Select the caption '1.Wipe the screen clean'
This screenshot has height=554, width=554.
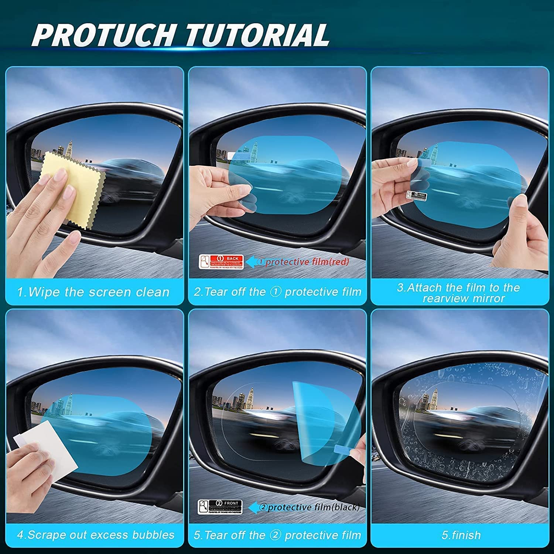[x=93, y=292]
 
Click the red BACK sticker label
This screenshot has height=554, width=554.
[x=221, y=261]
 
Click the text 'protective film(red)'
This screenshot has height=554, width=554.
[x=307, y=262]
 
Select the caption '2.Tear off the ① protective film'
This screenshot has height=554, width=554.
[x=277, y=292]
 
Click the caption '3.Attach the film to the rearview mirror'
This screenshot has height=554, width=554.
[x=459, y=293]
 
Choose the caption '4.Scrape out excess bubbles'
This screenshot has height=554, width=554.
[x=95, y=535]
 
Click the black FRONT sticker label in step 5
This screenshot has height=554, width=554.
[x=220, y=507]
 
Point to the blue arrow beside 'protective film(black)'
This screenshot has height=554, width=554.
[x=255, y=507]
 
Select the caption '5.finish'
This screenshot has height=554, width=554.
[x=461, y=535]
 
